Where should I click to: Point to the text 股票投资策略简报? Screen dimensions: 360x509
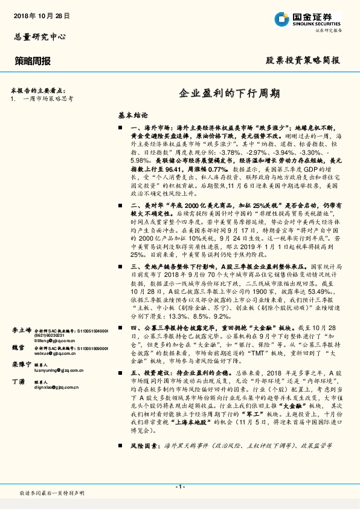[303, 60]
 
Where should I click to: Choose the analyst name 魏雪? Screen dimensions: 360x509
[19, 348]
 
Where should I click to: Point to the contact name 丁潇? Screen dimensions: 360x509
[19, 383]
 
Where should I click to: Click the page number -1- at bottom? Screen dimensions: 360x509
[180, 487]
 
